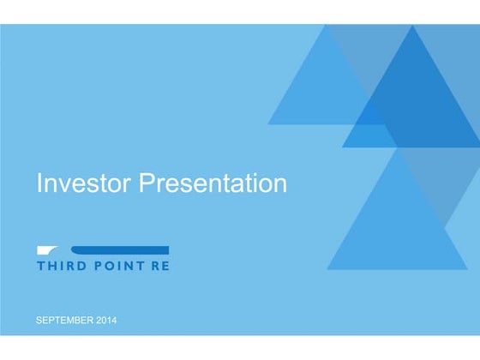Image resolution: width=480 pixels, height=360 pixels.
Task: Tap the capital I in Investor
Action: [39, 183]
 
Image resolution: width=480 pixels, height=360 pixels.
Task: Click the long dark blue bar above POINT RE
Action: [120, 249]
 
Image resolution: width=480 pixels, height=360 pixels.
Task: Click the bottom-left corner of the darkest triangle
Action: [343, 147]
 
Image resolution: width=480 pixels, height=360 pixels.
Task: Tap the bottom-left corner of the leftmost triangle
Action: [268, 124]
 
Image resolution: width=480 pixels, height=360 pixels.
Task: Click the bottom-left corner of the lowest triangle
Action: [327, 269]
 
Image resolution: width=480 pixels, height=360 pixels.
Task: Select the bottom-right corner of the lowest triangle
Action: [468, 269]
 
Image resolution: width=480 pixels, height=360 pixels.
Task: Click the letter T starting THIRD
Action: [40, 266]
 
